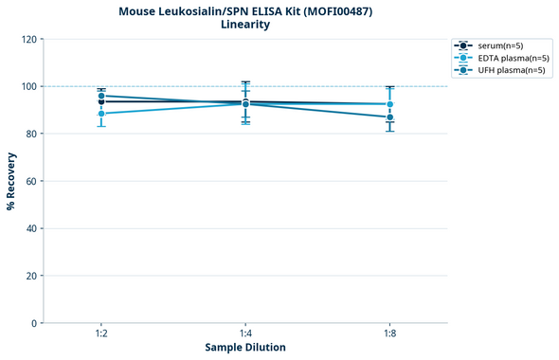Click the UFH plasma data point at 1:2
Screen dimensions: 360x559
pos(101,96)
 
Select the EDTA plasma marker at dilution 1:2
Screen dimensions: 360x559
pos(101,114)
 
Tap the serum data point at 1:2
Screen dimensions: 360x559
pos(101,101)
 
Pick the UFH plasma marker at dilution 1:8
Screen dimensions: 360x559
pos(389,117)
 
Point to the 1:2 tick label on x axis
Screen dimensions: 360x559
pos(101,334)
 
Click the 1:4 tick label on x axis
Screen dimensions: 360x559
pos(245,334)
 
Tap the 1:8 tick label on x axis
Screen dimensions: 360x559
pos(389,334)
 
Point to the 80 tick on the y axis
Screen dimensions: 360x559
pos(30,134)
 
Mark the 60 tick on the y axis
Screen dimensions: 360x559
pos(30,181)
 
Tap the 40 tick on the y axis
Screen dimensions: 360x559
pos(30,228)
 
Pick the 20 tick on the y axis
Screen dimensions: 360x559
pos(30,276)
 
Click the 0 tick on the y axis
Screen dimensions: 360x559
pos(33,323)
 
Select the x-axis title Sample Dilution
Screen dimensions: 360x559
pos(245,348)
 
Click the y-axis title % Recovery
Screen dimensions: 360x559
pos(11,181)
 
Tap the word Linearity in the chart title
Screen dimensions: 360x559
pos(244,25)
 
